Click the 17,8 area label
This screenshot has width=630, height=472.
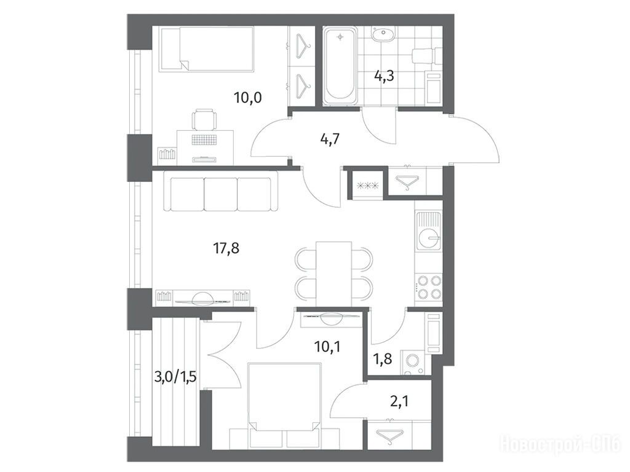[226, 248]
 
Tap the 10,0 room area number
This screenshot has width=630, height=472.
[249, 98]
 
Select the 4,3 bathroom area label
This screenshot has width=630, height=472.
[384, 76]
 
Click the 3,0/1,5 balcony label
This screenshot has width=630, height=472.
[175, 377]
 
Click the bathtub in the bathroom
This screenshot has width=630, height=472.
[340, 66]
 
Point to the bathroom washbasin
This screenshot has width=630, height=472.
[384, 34]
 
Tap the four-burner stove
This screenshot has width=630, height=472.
[429, 287]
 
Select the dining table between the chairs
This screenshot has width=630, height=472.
[334, 273]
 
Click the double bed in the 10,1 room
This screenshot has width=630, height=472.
[285, 401]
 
